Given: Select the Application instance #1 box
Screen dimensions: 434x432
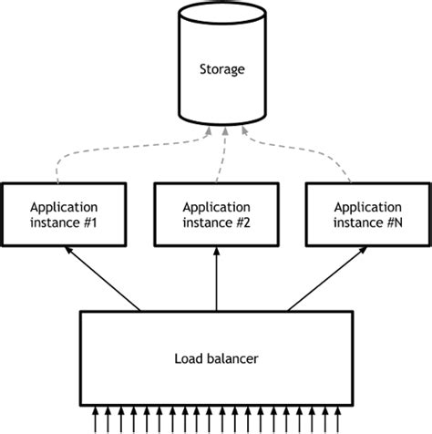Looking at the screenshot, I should coord(64,214).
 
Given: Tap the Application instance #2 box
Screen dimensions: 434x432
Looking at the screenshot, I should coord(216,214).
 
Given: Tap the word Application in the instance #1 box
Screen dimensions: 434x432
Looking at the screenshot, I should coord(64,206).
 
